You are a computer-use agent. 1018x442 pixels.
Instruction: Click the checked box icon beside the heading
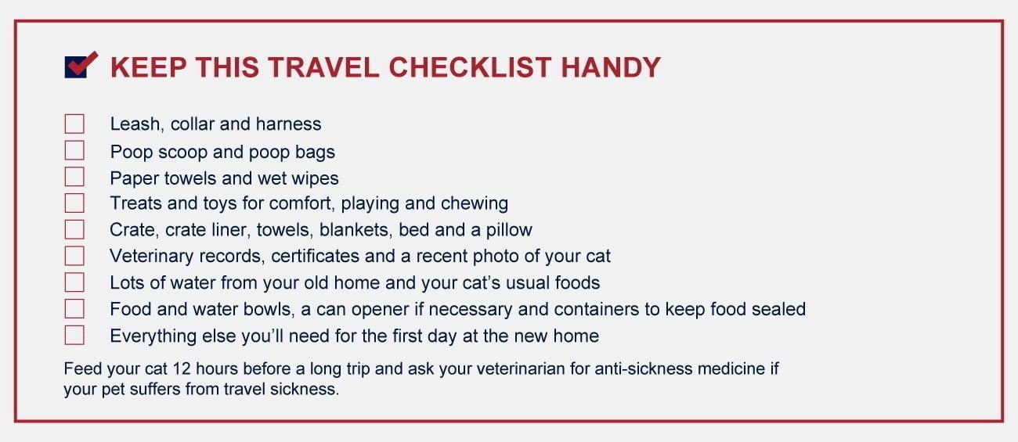click(x=81, y=65)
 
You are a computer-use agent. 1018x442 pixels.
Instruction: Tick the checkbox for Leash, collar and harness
click(x=74, y=124)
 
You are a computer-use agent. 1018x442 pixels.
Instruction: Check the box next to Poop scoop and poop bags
click(x=74, y=150)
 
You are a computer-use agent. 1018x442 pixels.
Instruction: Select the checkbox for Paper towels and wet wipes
click(x=74, y=177)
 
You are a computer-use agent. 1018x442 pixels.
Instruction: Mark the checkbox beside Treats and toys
click(x=74, y=203)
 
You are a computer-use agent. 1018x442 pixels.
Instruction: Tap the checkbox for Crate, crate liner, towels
click(x=74, y=229)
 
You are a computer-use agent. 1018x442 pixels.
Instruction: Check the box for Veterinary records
click(x=74, y=256)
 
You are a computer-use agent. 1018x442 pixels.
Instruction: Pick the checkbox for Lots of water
click(x=74, y=282)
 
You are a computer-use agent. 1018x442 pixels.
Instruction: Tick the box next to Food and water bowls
click(x=74, y=308)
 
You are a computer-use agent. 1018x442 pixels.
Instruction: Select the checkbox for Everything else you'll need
click(x=74, y=335)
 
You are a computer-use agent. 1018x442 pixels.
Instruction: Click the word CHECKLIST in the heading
click(x=470, y=67)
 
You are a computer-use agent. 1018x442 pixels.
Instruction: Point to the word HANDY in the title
click(x=611, y=67)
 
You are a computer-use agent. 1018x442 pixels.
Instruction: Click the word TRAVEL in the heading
click(x=323, y=67)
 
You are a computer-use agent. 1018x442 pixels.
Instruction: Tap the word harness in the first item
click(x=289, y=124)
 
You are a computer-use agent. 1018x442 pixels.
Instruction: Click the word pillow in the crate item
click(x=509, y=230)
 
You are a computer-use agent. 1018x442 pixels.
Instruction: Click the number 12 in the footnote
click(x=182, y=368)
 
